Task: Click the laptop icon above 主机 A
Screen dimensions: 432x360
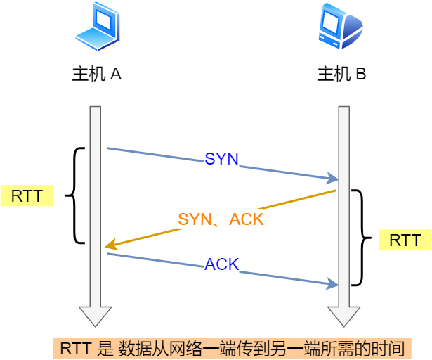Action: [97, 26]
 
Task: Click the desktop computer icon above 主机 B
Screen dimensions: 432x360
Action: [341, 26]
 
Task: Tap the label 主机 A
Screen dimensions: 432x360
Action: [97, 74]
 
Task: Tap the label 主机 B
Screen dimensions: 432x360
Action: [341, 74]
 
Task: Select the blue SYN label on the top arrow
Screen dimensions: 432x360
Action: [221, 159]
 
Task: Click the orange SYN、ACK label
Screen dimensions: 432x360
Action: [221, 219]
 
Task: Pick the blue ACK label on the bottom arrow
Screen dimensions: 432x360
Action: [221, 264]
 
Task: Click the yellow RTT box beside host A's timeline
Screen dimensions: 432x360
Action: [27, 195]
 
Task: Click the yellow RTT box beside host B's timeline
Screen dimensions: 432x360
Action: [405, 240]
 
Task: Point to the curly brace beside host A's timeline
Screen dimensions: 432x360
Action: [74, 195]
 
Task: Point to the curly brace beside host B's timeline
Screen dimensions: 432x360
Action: [362, 238]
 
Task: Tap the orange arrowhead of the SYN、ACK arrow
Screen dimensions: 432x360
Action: [111, 245]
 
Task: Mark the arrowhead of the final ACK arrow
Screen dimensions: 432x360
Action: [332, 283]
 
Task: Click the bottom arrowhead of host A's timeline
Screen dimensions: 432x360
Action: [96, 316]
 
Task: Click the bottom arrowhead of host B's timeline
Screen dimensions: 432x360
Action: [343, 316]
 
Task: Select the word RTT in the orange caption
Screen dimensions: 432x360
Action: [75, 349]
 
